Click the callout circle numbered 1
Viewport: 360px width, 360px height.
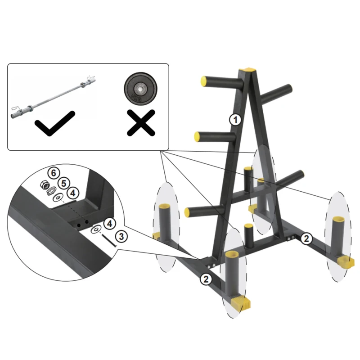pyautogui.click(x=235, y=119)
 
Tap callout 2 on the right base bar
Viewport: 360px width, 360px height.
pyautogui.click(x=306, y=238)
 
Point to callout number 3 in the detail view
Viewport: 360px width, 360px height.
pyautogui.click(x=120, y=235)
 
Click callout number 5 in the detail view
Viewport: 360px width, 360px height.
pyautogui.click(x=63, y=183)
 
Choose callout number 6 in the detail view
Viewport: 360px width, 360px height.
pyautogui.click(x=54, y=173)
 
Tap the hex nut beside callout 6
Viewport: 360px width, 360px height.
pyautogui.click(x=45, y=184)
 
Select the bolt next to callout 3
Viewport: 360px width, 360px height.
pyautogui.click(x=108, y=239)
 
